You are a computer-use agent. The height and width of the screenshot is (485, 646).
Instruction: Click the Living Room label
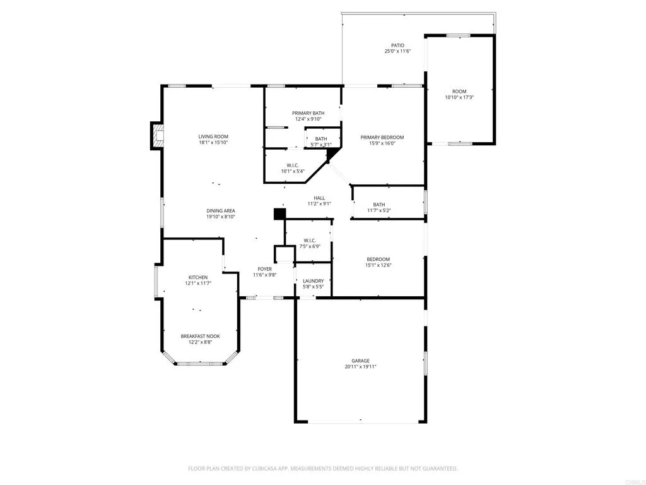[213, 136]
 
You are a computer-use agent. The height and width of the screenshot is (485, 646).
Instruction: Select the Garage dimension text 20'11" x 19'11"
[360, 367]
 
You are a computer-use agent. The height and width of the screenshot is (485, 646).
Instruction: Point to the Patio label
[397, 45]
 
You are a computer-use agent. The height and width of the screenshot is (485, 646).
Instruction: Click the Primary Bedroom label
[382, 137]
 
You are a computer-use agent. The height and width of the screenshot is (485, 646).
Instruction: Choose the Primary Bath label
[308, 113]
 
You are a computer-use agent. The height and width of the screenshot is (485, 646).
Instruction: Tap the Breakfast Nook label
[200, 336]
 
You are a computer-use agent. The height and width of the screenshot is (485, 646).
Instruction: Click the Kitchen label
[197, 277]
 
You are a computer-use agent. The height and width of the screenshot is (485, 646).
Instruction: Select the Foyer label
[264, 269]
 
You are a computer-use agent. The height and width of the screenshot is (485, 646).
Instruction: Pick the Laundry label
[313, 281]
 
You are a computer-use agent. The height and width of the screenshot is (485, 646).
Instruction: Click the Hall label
[319, 198]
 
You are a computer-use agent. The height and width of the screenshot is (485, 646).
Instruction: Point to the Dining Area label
[221, 211]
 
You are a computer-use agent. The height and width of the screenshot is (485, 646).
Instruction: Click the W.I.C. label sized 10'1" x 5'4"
[292, 165]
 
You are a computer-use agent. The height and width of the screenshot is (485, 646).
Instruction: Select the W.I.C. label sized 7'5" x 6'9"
[309, 240]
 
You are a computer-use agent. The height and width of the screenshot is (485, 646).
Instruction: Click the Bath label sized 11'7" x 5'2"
[379, 205]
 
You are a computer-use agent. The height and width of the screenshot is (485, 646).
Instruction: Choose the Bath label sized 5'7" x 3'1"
[321, 139]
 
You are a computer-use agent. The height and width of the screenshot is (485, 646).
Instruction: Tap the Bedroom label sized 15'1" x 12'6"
[379, 259]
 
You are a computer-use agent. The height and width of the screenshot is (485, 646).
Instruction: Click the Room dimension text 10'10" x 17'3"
[459, 97]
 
